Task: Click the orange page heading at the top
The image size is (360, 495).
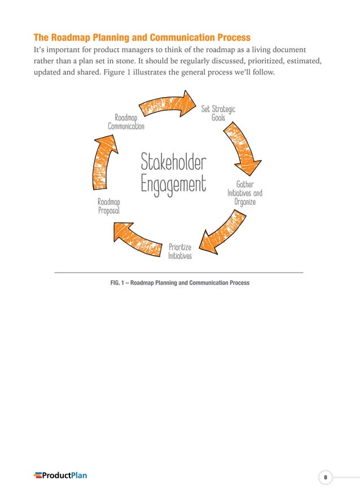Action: [x=142, y=38]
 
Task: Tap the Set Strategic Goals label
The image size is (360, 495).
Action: [x=218, y=113]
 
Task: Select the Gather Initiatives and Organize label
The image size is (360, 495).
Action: [x=245, y=193]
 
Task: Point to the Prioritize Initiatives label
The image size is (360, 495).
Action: [x=180, y=251]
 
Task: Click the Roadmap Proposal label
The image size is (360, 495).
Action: [x=109, y=206]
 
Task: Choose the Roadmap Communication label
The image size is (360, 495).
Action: [x=126, y=122]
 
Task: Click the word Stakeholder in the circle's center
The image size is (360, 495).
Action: [x=174, y=162]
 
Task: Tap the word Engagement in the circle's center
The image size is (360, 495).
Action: [x=174, y=184]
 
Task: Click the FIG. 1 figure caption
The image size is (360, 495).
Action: [x=180, y=283]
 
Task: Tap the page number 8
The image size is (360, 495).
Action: [x=325, y=478]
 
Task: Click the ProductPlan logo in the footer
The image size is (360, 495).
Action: [x=60, y=475]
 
